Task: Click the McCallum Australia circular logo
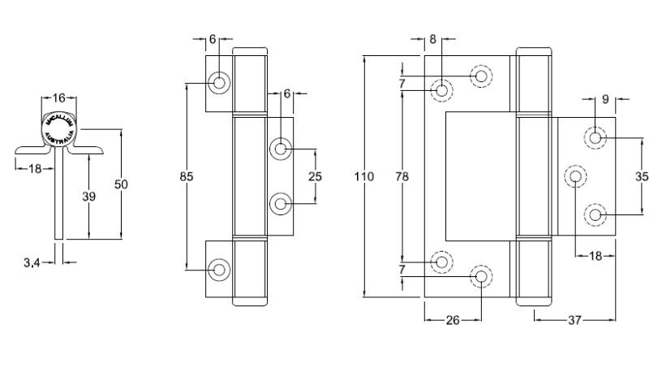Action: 58,130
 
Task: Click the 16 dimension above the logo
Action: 58,98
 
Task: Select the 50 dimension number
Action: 121,184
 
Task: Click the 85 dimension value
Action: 187,176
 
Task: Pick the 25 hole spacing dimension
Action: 315,176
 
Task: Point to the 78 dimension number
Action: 402,176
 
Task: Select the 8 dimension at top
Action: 432,39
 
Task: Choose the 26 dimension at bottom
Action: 453,320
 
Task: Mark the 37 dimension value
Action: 574,320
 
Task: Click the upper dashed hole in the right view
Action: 481,76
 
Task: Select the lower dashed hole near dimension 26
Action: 481,277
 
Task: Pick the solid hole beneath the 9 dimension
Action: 596,137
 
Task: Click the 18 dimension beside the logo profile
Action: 35,168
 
